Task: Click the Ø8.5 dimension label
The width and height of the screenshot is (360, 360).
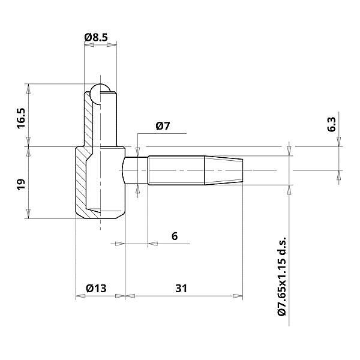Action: click(96, 38)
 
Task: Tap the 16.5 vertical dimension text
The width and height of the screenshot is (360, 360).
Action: click(22, 118)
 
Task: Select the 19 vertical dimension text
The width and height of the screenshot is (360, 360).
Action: click(22, 184)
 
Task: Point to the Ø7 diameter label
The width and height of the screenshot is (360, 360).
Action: click(163, 126)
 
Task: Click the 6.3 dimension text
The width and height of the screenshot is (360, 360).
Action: click(332, 124)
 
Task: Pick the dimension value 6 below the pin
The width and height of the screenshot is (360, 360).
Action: click(175, 236)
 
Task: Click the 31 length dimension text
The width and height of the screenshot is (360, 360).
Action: click(181, 289)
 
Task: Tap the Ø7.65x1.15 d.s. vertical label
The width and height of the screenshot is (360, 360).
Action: click(282, 275)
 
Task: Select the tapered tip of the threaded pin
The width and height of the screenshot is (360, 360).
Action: click(224, 170)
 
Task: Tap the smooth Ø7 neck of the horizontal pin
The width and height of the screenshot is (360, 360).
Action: click(136, 170)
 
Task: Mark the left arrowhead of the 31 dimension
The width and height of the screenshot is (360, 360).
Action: click(129, 296)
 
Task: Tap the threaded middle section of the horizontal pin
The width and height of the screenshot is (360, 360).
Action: click(176, 170)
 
